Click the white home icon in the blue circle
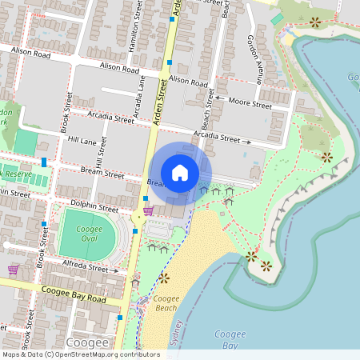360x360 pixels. [180, 172]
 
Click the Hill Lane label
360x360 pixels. [82, 141]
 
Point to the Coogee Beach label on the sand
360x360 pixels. [166, 303]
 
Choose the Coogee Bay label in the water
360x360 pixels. [230, 339]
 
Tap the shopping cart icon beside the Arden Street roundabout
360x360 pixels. [148, 211]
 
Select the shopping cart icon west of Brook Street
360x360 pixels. [13, 270]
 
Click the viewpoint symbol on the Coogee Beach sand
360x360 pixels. [164, 278]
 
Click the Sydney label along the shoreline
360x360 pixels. [177, 334]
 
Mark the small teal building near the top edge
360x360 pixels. [277, 18]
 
